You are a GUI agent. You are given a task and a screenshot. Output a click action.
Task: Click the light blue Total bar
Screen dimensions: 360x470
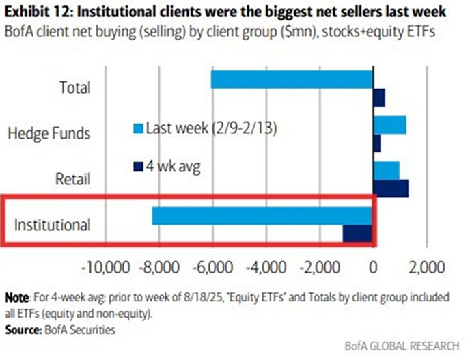[x=292, y=79]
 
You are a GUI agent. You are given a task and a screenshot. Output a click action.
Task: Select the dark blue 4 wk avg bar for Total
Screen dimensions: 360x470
[x=379, y=98]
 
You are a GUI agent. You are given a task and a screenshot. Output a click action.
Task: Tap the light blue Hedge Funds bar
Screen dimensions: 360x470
[x=390, y=125]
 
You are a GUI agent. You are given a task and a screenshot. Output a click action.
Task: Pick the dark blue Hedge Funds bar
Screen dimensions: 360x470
[x=377, y=143]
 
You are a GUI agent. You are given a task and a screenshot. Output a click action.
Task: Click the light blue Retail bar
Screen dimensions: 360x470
[x=387, y=170]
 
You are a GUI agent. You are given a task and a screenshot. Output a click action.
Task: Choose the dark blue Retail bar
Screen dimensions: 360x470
[x=391, y=189]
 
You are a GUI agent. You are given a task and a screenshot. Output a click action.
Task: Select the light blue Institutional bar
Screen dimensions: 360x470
[x=262, y=216]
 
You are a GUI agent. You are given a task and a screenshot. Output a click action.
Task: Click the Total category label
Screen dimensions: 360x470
[x=74, y=87]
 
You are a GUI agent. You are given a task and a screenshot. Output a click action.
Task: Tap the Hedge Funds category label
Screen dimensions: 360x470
[x=49, y=133]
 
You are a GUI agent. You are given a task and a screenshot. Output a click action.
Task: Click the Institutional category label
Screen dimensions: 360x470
[x=52, y=224]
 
